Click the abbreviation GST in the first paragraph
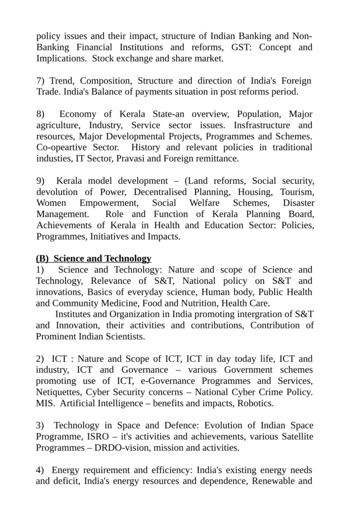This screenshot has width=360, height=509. (x=243, y=47)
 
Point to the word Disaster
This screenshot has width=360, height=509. (x=298, y=203)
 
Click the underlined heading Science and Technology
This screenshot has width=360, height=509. (x=102, y=258)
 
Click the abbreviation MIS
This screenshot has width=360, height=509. (x=45, y=403)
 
